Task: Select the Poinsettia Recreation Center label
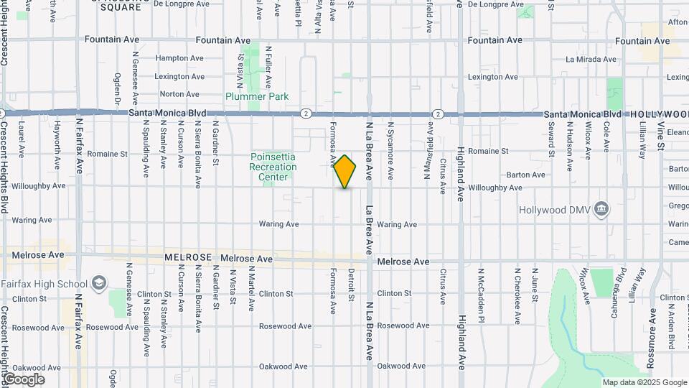point(273,167)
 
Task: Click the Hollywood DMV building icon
point(602,210)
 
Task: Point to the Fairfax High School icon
point(98,284)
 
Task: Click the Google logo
point(24,379)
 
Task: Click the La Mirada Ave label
point(591,60)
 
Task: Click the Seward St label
point(551,139)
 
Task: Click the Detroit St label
point(352,285)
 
